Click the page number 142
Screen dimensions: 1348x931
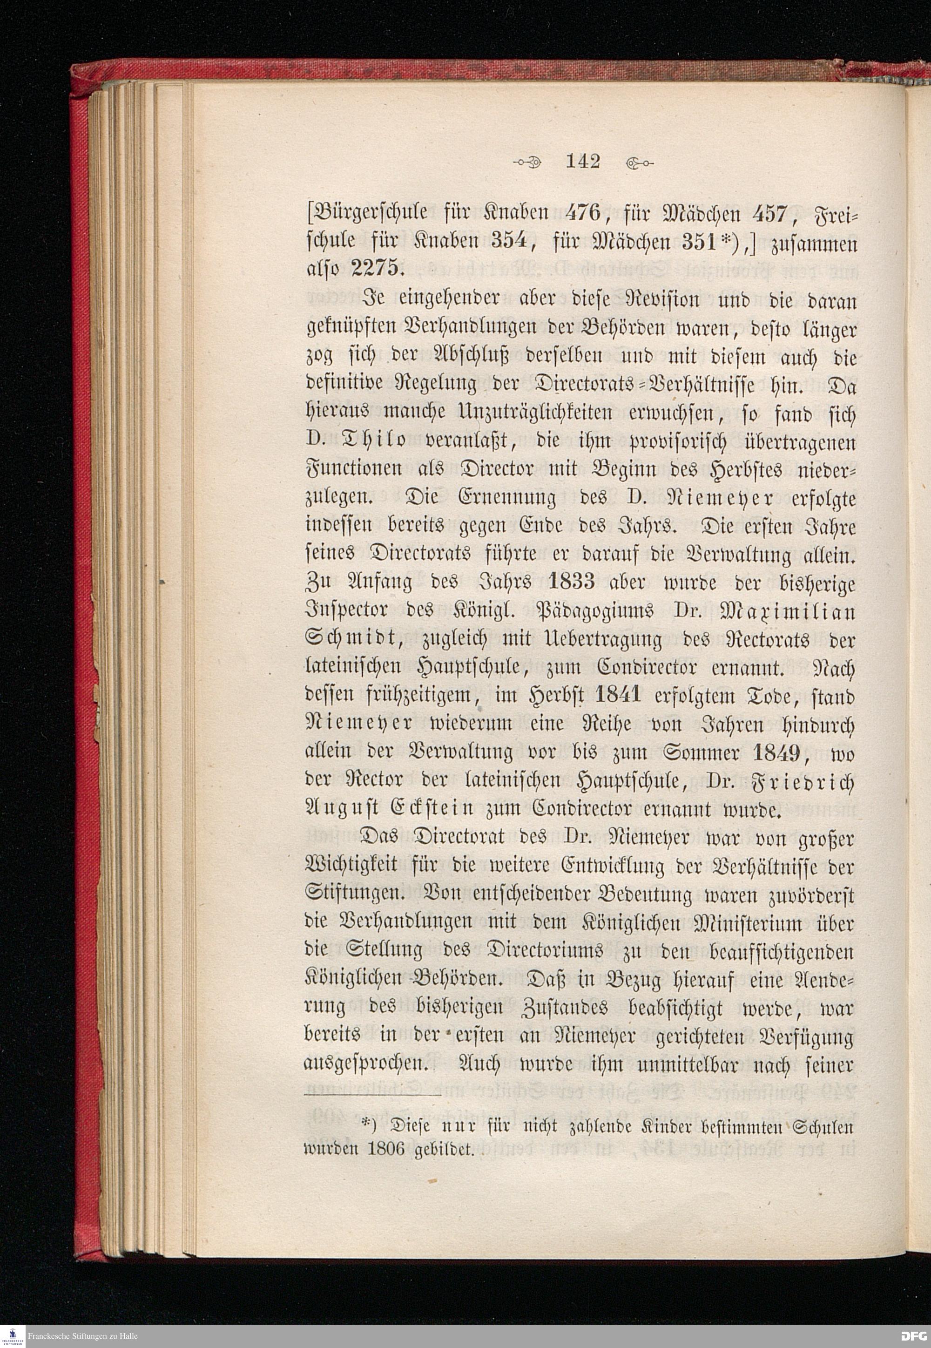coord(582,161)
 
